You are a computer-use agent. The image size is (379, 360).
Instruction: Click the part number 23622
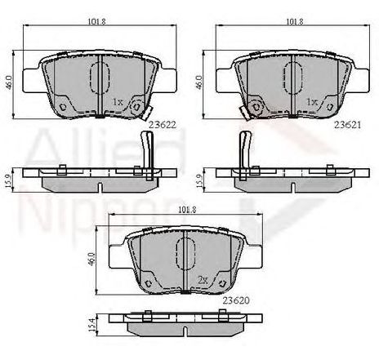coord(163,125)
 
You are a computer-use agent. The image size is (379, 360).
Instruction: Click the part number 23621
coord(347,125)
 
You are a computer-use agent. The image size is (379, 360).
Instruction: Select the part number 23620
coord(236,300)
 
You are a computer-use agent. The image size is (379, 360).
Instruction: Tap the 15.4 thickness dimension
coord(93,325)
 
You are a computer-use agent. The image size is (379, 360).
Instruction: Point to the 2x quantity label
coord(203,280)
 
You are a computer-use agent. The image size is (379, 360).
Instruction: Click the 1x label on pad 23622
coord(118,102)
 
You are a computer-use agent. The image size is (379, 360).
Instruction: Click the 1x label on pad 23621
coord(312,102)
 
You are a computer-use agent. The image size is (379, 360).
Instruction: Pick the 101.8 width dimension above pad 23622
coord(96,21)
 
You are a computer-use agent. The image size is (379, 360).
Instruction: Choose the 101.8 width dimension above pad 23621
coord(294,21)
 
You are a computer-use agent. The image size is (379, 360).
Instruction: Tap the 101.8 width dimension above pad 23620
coord(187,210)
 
